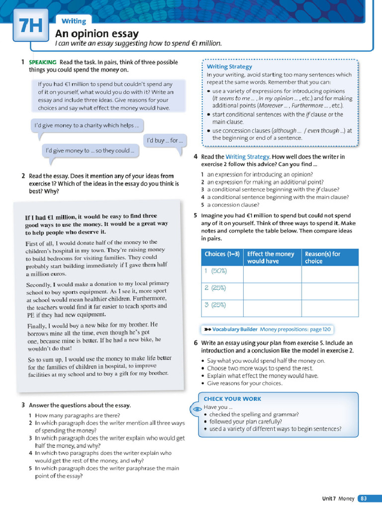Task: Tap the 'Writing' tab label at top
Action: [74, 21]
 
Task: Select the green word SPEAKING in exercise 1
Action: [43, 62]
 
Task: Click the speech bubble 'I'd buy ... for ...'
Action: [166, 141]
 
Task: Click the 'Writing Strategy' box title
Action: [229, 67]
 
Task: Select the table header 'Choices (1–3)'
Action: [222, 254]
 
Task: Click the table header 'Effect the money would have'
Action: [271, 257]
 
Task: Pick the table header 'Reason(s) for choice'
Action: [323, 257]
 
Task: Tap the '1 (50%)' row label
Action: [215, 271]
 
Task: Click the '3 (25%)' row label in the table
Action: [215, 305]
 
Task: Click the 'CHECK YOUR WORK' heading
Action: [232, 399]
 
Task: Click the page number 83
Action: [364, 498]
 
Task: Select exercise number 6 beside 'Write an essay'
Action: [195, 343]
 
